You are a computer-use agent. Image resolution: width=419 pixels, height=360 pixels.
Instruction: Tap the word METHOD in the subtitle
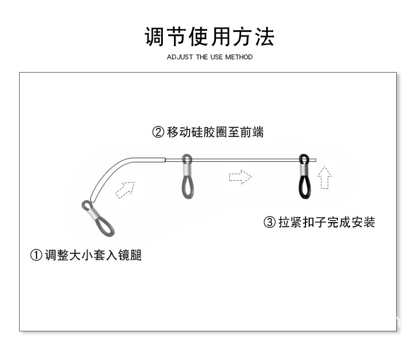point(239,57)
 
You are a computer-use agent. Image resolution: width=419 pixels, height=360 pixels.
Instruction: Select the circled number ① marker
point(36,256)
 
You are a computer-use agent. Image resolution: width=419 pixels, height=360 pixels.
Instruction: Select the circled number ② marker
point(158,133)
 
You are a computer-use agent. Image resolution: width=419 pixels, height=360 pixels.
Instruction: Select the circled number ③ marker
point(269,222)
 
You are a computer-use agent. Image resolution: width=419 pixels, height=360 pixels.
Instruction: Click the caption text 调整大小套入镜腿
point(93,256)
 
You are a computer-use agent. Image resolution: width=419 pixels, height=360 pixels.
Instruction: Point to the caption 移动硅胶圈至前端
point(215,133)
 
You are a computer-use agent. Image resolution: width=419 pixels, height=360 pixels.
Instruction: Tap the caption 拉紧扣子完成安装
point(327,222)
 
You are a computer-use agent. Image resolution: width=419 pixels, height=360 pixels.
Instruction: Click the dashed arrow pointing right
point(240,177)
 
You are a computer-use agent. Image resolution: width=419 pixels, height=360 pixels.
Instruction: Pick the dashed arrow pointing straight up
point(325,178)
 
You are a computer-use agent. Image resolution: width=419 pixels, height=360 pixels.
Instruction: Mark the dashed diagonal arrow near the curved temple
point(125,189)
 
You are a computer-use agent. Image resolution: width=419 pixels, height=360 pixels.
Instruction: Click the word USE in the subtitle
point(216,57)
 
